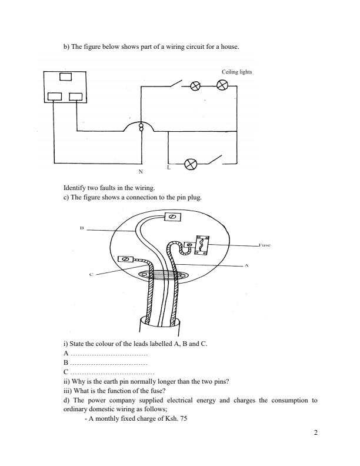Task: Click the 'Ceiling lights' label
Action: (x=236, y=72)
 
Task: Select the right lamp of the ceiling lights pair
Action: (x=222, y=86)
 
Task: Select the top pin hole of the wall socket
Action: (x=65, y=76)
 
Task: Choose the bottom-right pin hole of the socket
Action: (x=76, y=96)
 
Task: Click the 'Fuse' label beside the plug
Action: (x=264, y=245)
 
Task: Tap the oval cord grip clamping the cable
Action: (x=161, y=274)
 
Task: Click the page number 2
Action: (x=316, y=434)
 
